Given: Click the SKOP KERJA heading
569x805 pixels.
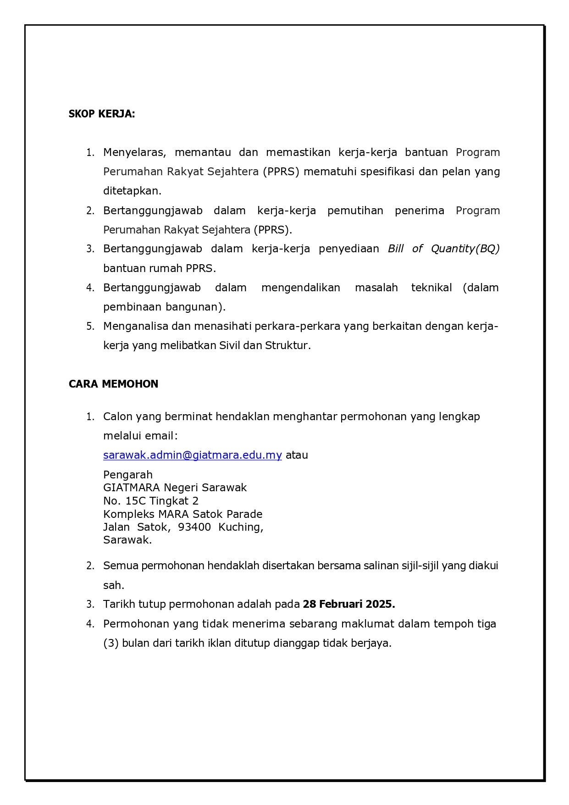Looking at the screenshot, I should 102,114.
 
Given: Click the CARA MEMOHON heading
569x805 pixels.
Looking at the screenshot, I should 113,384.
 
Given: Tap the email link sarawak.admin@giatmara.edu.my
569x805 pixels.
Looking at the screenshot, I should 192,455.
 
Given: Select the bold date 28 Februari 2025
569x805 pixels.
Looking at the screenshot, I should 348,604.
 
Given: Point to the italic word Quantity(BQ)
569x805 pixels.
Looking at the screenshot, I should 465,249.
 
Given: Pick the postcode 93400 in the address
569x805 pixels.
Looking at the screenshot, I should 194,527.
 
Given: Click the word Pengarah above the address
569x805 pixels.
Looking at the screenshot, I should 127,475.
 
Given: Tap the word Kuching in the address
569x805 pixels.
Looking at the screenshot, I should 240,527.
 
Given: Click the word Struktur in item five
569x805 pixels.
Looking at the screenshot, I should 287,345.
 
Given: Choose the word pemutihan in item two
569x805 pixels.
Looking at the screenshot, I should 355,211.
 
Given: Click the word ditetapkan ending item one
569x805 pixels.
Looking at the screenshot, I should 132,191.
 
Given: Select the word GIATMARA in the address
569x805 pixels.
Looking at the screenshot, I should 131,488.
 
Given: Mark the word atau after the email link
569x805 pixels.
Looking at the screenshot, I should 297,455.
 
